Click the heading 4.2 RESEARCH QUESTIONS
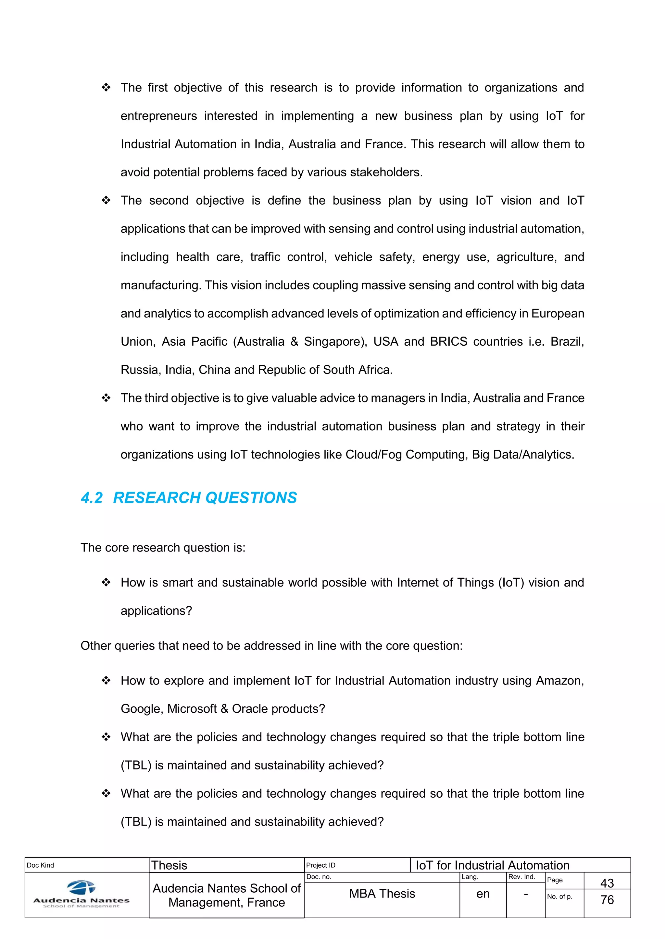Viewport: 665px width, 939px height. coord(189,498)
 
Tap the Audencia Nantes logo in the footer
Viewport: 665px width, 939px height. coord(81,895)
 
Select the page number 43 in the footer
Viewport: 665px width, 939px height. coord(607,883)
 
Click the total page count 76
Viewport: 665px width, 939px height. coord(607,900)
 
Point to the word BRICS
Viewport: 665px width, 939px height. coord(448,341)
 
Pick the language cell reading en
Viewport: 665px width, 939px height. coord(483,894)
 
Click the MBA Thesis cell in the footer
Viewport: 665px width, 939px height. coord(382,894)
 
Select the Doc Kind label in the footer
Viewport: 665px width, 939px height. coord(41,865)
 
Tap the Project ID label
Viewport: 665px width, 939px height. coord(320,865)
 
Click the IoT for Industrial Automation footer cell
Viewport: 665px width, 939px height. coord(493,865)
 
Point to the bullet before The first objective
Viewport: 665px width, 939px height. coord(106,88)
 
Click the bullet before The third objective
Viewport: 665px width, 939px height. coord(106,398)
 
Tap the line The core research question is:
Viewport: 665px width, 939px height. coord(163,548)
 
